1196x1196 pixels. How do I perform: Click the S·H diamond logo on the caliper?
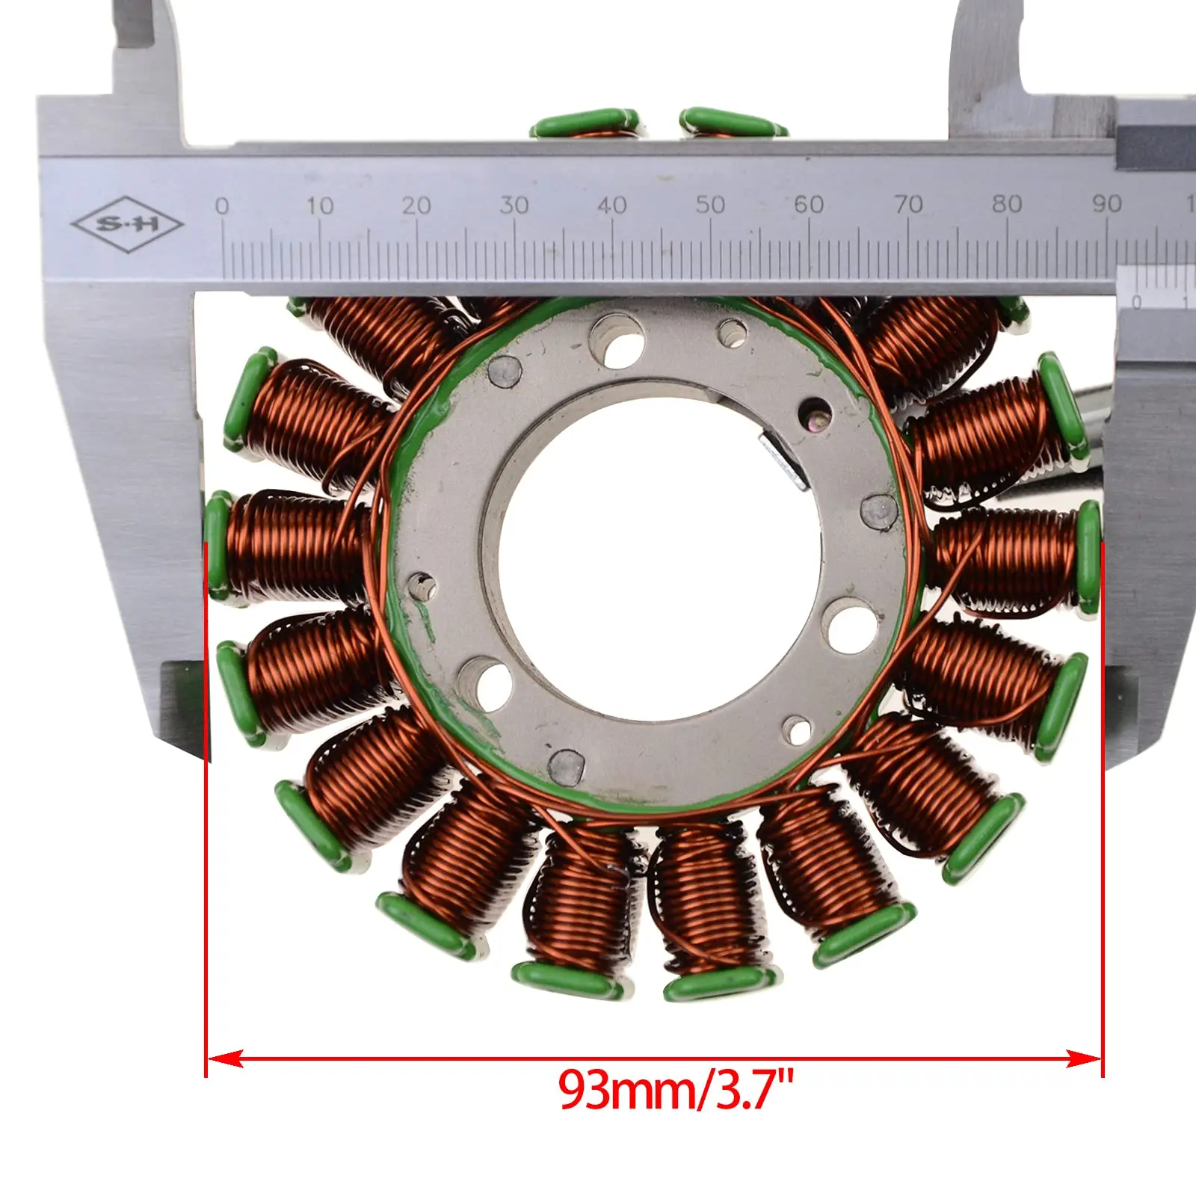(127, 224)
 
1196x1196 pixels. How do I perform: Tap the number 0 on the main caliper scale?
(222, 206)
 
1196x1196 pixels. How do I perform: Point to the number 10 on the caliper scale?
(319, 206)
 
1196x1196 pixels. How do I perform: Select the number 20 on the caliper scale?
(416, 206)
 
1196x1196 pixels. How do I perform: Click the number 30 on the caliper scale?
(514, 205)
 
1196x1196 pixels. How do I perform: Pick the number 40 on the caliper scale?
(612, 205)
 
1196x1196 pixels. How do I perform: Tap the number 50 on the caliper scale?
(710, 205)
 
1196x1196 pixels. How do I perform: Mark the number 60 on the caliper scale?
(809, 204)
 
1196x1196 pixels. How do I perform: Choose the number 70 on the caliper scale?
(908, 204)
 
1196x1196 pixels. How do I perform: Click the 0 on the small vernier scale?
(1137, 303)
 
